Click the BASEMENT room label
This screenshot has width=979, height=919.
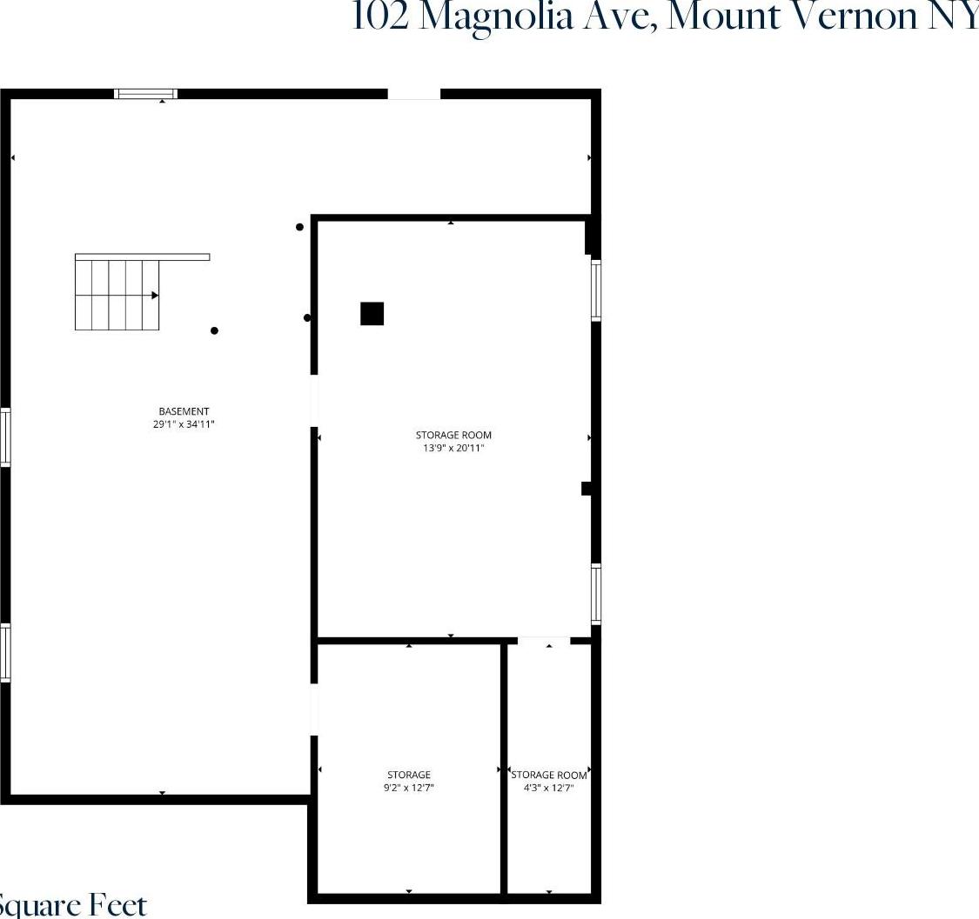pyautogui.click(x=184, y=411)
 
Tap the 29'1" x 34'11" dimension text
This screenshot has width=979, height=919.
pyautogui.click(x=184, y=425)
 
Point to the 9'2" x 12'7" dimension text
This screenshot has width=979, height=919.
pyautogui.click(x=409, y=788)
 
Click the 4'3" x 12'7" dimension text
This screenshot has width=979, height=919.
pyautogui.click(x=549, y=788)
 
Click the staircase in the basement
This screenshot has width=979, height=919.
pyautogui.click(x=117, y=295)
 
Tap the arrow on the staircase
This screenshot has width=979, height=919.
pyautogui.click(x=154, y=296)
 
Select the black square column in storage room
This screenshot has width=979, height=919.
pyautogui.click(x=372, y=314)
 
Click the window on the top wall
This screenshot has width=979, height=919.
pyautogui.click(x=146, y=94)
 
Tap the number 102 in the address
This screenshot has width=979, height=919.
pyautogui.click(x=380, y=17)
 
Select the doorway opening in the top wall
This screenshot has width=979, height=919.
pyautogui.click(x=414, y=94)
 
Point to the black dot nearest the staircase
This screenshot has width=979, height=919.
pyautogui.click(x=214, y=330)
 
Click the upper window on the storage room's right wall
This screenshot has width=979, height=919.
pyautogui.click(x=596, y=290)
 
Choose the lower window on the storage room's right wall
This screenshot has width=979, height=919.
pyautogui.click(x=596, y=594)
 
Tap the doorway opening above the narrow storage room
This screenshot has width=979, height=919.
pyautogui.click(x=544, y=641)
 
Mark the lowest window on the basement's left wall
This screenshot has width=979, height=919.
pyautogui.click(x=5, y=653)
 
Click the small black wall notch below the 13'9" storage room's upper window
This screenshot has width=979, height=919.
pyautogui.click(x=587, y=489)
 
